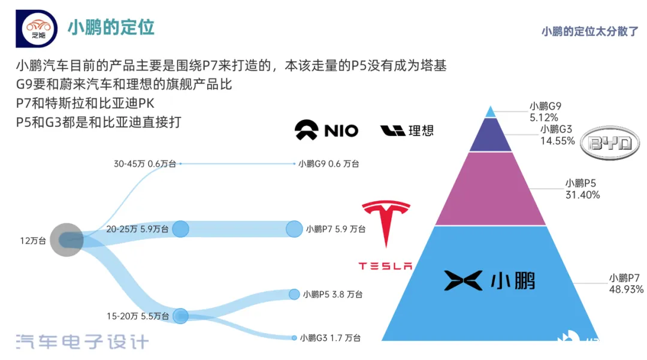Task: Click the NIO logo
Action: [x=326, y=131]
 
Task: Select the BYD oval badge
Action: [x=610, y=143]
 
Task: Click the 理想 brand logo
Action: [x=407, y=131]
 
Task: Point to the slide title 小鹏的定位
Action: [x=111, y=28]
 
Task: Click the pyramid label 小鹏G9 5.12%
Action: [x=545, y=112]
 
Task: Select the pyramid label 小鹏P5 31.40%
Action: [x=582, y=189]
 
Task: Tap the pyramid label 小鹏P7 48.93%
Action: [x=626, y=284]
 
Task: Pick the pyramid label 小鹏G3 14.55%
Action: [x=558, y=135]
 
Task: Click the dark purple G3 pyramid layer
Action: [x=491, y=136]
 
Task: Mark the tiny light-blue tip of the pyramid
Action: [x=490, y=112]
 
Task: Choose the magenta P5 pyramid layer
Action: [x=491, y=189]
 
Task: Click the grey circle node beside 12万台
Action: [x=66, y=240]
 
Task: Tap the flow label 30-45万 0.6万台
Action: [x=145, y=164]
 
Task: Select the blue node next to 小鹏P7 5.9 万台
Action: [x=294, y=229]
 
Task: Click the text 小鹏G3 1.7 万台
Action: [x=330, y=338]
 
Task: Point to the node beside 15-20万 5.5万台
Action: [x=180, y=316]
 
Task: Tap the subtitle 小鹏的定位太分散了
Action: [x=589, y=31]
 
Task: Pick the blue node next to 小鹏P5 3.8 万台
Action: [x=294, y=295]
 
